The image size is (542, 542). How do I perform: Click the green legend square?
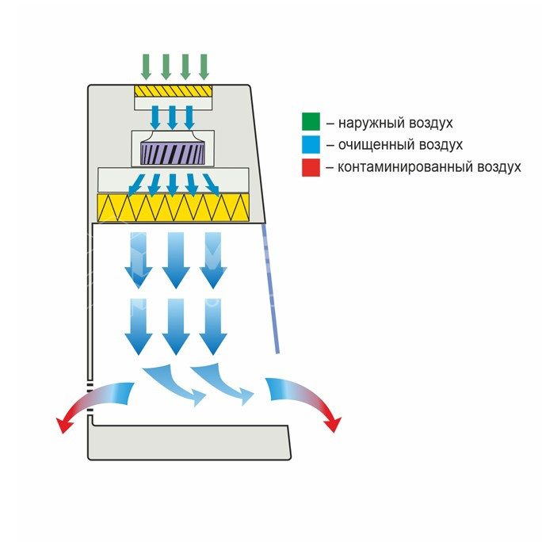311,122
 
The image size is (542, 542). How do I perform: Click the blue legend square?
311,144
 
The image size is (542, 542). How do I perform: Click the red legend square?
311,168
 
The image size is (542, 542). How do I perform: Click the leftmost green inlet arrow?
147,67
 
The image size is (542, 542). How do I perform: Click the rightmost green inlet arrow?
204,67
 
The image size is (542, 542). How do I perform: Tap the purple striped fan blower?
173,153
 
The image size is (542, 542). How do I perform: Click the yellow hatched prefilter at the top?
174,91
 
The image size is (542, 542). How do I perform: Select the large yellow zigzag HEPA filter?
174,208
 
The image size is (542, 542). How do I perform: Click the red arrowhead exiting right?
333,424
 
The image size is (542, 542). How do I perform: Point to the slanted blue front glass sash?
270,288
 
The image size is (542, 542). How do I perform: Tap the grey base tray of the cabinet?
189,441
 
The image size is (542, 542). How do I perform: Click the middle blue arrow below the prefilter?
173,117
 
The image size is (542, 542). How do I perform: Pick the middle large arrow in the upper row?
176,260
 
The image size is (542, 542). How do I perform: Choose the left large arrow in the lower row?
138,326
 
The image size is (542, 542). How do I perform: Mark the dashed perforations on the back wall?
90,397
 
